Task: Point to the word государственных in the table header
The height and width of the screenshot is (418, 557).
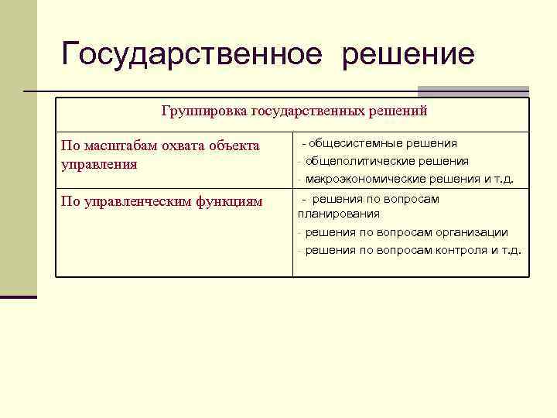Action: tap(307, 111)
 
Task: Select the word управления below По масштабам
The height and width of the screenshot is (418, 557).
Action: tap(98, 164)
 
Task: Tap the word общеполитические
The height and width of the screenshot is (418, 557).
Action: tap(359, 161)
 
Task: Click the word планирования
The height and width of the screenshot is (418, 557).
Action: tap(339, 214)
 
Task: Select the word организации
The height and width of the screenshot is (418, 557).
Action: tap(470, 232)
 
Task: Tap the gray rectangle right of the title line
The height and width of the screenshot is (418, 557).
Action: tap(473, 91)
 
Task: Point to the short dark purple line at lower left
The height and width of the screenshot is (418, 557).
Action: tap(19, 296)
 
